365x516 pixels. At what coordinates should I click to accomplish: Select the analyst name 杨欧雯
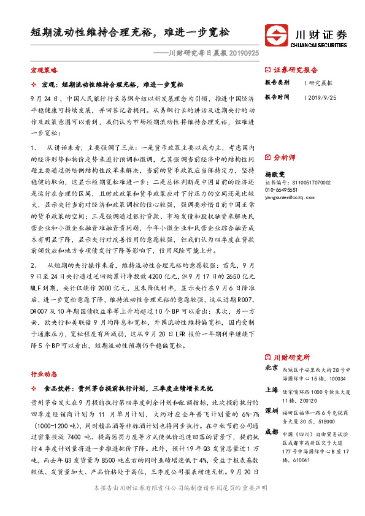275,174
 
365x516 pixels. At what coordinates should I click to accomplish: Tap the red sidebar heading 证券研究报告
295,70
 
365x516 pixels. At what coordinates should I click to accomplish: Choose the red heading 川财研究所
291,357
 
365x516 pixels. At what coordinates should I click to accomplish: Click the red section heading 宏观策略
44,70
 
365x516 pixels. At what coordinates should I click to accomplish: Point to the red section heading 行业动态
44,373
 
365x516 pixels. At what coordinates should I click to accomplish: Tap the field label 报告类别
277,82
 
